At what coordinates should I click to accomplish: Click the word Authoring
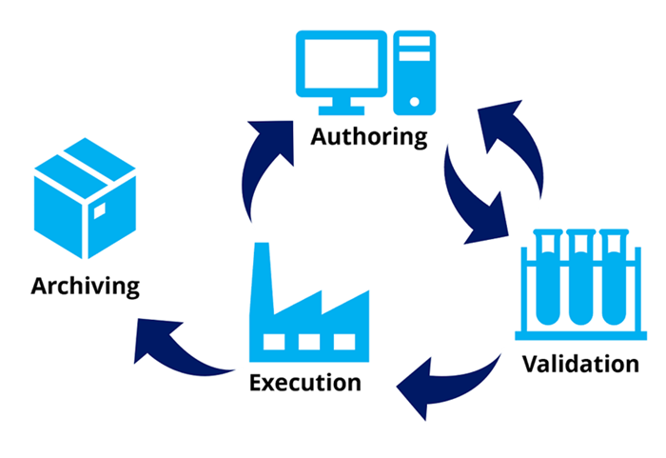coord(369,135)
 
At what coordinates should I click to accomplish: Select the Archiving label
coord(85,285)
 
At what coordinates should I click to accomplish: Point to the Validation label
coord(579,363)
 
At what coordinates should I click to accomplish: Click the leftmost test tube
coord(547,276)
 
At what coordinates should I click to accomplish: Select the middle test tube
coord(580,276)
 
